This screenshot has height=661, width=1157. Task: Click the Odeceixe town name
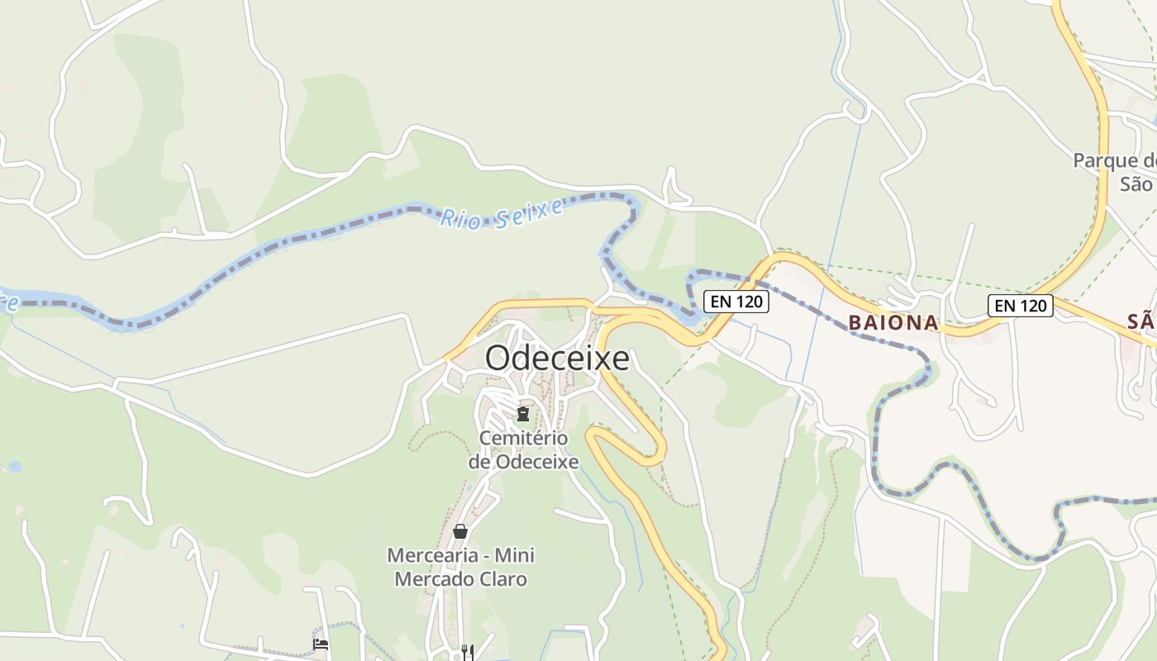tap(557, 359)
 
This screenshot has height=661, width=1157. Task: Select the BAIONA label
tap(894, 323)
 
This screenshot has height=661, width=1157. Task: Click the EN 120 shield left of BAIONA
tap(736, 302)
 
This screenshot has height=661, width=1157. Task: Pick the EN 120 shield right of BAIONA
tap(1021, 306)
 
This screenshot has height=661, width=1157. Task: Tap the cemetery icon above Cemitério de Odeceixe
tap(522, 413)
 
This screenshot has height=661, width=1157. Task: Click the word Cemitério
tap(523, 437)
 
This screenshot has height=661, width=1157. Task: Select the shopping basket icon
tap(460, 531)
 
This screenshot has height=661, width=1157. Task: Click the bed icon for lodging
tap(321, 644)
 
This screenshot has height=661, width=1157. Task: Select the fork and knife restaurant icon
tap(468, 652)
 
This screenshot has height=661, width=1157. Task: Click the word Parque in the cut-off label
tap(1105, 160)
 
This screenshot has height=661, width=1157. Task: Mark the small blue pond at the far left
tap(14, 467)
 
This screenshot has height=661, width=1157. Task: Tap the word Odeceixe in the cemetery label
tap(536, 461)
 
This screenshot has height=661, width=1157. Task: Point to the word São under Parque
tap(1136, 183)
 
